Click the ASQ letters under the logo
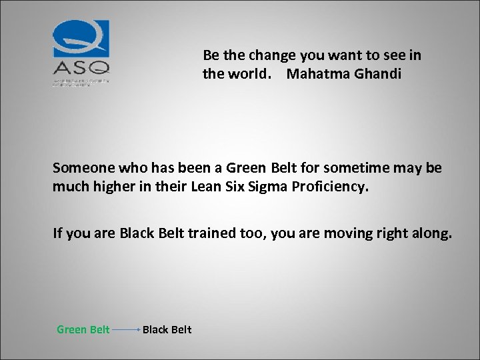(81, 68)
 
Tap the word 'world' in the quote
(245, 73)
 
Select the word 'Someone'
(80, 167)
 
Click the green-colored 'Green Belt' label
(83, 329)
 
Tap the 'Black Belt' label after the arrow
(167, 329)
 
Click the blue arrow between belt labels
(125, 329)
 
